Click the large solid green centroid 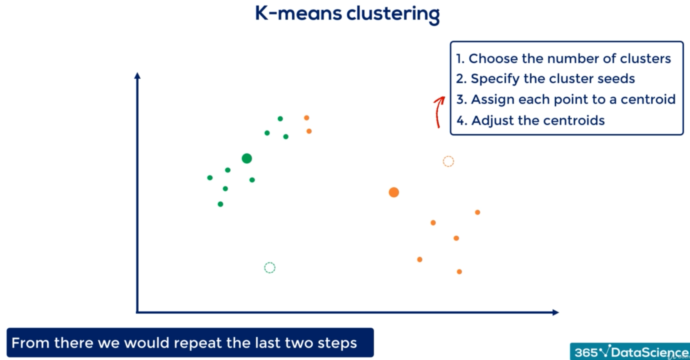point(247,158)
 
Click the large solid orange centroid point(394,192)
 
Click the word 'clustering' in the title point(393,14)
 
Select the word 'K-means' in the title point(299,13)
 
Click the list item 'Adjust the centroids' point(531,120)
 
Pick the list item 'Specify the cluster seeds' point(546,79)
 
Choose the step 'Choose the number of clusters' point(563,59)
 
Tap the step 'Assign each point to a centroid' point(566,99)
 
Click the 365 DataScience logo point(630,352)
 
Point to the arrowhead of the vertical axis point(137,75)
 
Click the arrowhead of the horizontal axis point(555,312)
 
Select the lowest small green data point point(220,204)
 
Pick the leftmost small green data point point(210,177)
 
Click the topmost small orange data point point(306,118)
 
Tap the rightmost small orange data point point(478,212)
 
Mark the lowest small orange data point point(459,272)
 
